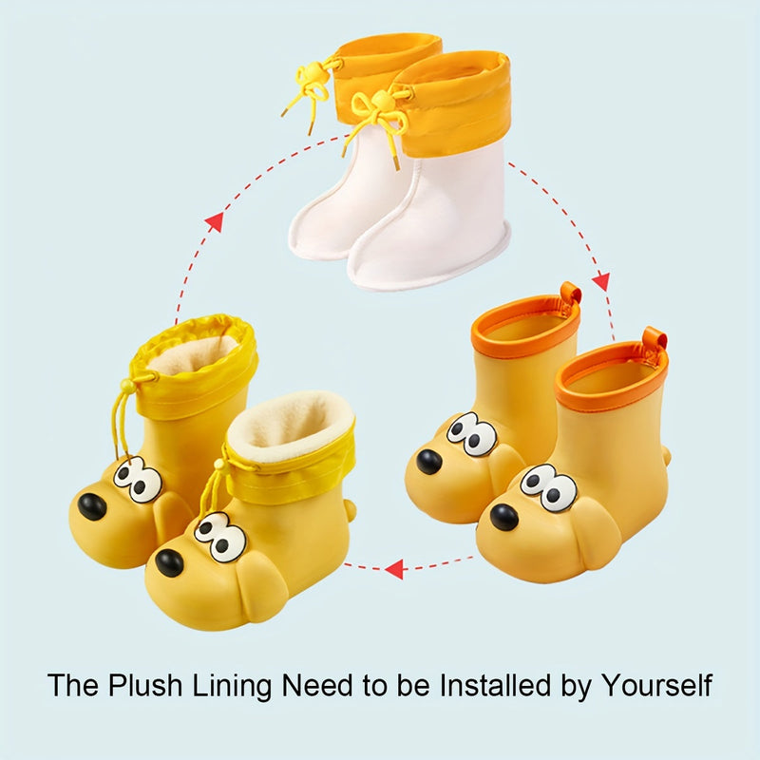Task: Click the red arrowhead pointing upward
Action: pos(215,222)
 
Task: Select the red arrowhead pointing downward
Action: pos(600,282)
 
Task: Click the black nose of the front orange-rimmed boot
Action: pos(504,518)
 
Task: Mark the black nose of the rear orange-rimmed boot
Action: pos(429,462)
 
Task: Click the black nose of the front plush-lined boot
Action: pos(168,563)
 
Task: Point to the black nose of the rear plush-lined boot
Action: pos(92,506)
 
